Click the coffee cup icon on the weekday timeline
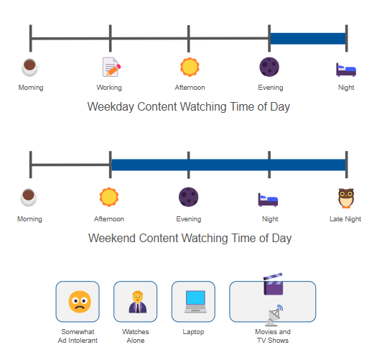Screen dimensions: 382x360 click(30, 68)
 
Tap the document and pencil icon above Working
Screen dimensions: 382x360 click(111, 67)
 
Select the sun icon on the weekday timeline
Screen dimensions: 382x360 click(190, 67)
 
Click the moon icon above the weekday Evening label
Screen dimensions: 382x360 click(269, 67)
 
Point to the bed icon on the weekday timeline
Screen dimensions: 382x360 click(346, 70)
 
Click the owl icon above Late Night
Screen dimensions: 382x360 click(346, 198)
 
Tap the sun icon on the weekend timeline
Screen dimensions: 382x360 click(109, 197)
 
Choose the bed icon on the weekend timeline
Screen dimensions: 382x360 click(268, 200)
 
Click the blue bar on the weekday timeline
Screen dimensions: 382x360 click(308, 39)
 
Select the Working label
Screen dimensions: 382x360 click(109, 88)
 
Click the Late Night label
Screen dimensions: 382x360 click(345, 219)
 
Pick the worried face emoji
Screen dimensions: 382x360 click(80, 302)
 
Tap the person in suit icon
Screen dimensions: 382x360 click(138, 302)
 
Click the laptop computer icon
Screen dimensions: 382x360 click(195, 302)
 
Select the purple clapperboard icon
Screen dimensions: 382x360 click(273, 284)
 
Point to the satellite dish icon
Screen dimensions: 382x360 click(274, 315)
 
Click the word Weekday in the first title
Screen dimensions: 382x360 click(111, 107)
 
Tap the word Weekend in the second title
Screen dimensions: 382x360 click(112, 238)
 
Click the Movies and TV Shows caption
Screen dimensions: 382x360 click(273, 336)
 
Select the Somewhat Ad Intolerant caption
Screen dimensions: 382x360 click(78, 336)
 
